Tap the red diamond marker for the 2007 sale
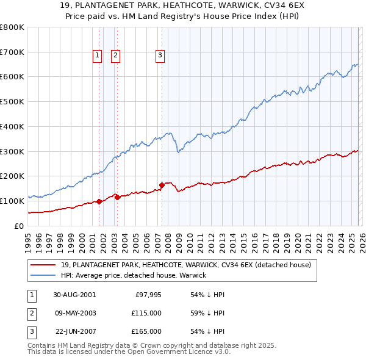162,185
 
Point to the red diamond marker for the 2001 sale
99,201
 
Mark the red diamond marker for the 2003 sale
117,197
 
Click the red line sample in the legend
44,265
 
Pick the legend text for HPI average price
134,275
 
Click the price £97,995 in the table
148,295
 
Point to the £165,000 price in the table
147,331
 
